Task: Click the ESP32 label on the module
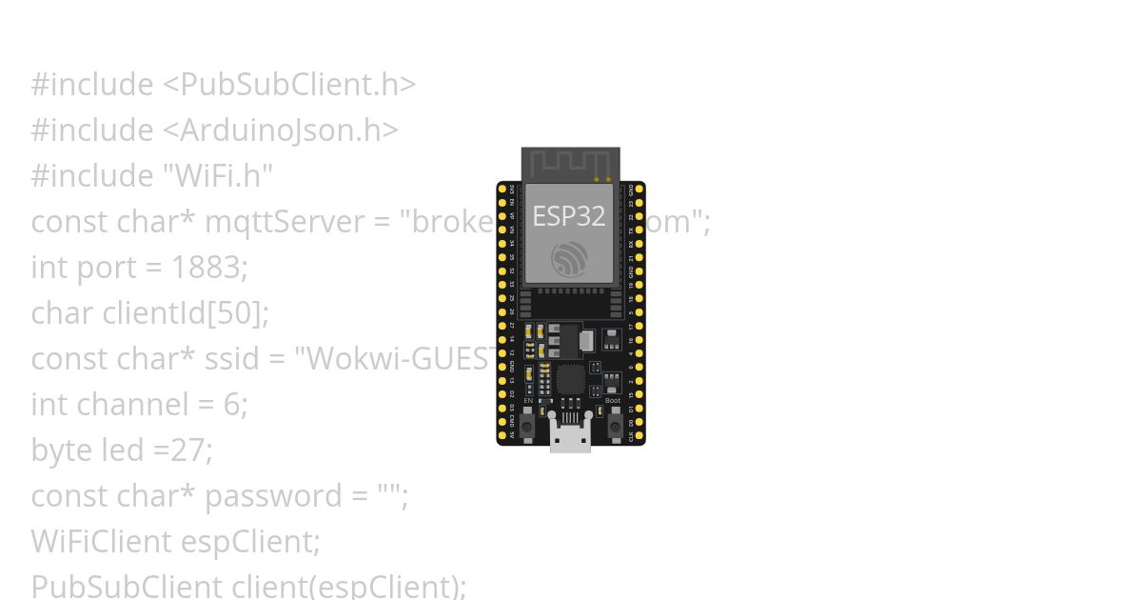[568, 216]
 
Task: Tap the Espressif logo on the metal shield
[570, 259]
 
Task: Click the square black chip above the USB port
[570, 380]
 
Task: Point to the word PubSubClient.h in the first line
[289, 85]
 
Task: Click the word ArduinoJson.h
[279, 130]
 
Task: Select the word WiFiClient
[100, 542]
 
